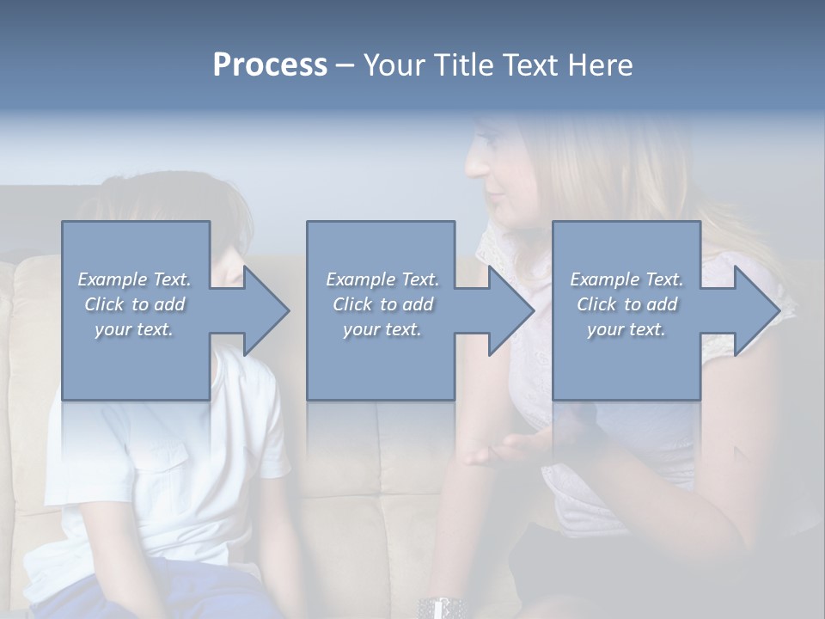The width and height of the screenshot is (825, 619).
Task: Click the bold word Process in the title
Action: (x=270, y=65)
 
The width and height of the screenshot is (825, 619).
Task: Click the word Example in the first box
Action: (x=112, y=279)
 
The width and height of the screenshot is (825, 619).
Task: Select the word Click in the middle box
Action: (x=351, y=304)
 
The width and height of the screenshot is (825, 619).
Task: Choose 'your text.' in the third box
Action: (x=626, y=329)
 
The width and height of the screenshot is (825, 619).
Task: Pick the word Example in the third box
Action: (x=605, y=279)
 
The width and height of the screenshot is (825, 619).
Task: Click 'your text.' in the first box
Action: (x=134, y=329)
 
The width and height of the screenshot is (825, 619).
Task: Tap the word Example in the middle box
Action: (x=360, y=279)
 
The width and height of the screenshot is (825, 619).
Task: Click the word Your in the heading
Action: (x=393, y=65)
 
